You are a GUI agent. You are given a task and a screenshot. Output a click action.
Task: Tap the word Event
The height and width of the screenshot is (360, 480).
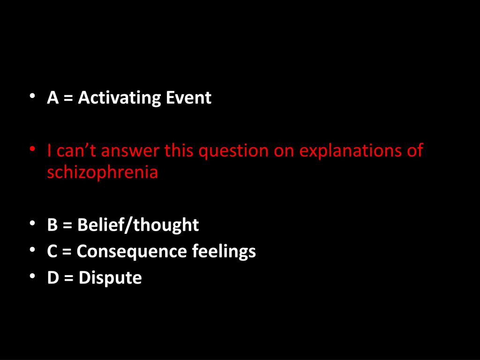coord(188,98)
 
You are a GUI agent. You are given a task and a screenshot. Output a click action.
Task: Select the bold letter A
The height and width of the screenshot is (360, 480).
coord(52,98)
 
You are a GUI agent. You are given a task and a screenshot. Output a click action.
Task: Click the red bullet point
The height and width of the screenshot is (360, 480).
coord(32,149)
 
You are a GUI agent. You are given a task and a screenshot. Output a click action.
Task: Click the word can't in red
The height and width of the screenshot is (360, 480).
coord(76,150)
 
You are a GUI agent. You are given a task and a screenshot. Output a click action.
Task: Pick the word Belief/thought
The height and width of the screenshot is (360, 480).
coord(138,225)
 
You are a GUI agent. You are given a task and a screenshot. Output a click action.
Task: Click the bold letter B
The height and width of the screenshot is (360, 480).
coord(52,225)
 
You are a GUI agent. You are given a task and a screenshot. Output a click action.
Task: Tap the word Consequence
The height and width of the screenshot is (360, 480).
coord(132,252)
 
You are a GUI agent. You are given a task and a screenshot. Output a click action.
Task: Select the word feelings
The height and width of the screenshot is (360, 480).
coord(224,252)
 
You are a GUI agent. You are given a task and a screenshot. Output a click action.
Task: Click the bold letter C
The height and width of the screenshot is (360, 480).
coord(52,251)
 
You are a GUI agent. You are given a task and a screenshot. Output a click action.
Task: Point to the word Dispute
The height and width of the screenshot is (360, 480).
coord(110,278)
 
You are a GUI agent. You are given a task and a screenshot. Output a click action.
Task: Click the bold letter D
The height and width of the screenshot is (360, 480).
coord(53,277)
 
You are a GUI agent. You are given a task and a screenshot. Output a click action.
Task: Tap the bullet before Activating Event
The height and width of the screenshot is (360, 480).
coord(32,96)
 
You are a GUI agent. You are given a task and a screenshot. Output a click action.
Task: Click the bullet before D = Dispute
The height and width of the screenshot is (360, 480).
coord(32,276)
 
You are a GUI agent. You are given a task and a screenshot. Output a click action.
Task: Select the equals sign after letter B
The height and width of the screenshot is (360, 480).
coord(67,225)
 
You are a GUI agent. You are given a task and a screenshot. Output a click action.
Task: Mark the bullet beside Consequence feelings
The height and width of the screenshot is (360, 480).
coord(32,249)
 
